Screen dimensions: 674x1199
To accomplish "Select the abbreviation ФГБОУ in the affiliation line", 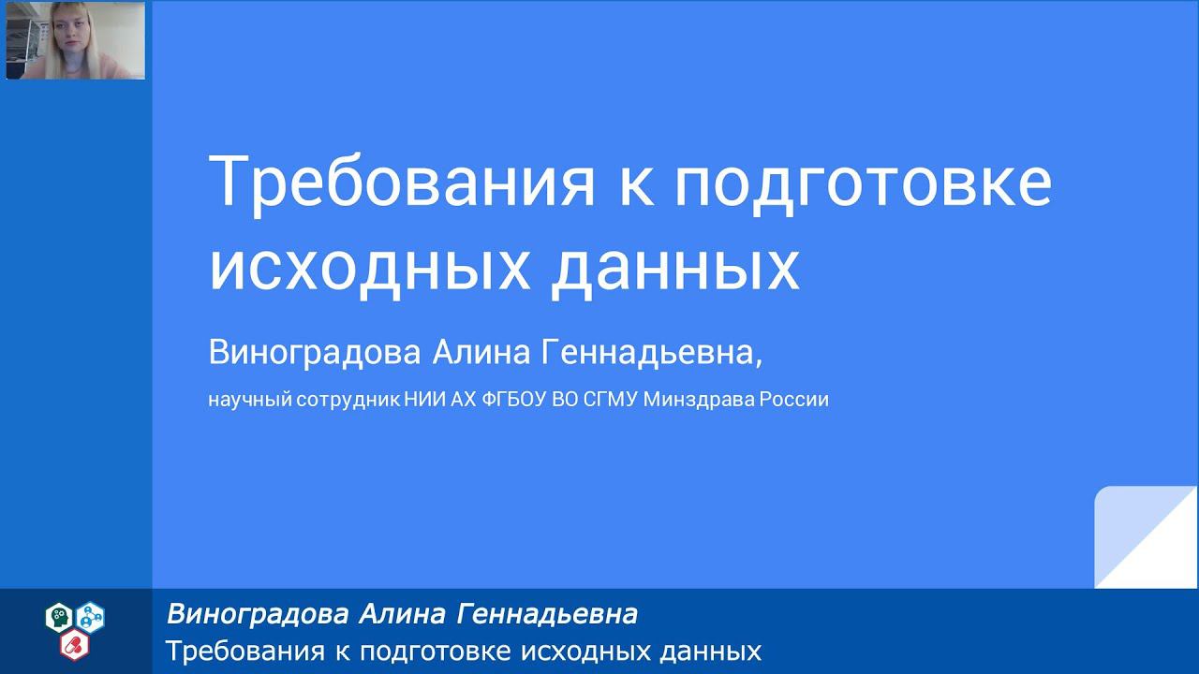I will [511, 400].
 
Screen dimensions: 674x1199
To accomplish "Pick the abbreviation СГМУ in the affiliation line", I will [611, 400].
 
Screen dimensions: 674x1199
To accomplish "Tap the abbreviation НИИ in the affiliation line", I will [422, 400].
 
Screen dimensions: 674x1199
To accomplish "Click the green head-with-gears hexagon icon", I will [59, 616].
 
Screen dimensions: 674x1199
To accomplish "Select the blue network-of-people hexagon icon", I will [91, 616].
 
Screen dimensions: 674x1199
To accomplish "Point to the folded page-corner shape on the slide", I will [1145, 537].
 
